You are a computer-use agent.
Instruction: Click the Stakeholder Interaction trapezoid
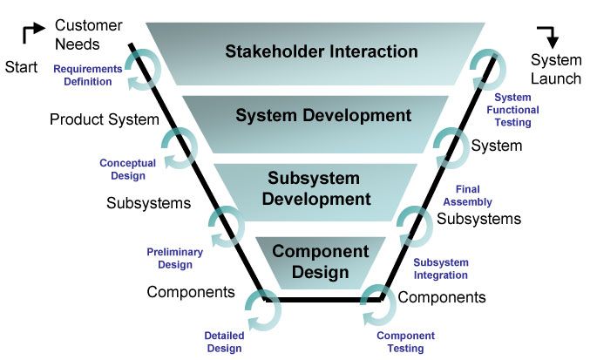pos(321,51)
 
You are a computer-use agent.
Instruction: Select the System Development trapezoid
pos(322,115)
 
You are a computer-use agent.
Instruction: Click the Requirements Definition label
pos(86,76)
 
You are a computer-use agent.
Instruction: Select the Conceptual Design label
pos(127,168)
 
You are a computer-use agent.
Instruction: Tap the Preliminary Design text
pos(174,257)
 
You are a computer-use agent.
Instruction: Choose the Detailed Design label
pos(223,342)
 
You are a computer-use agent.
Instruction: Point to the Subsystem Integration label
pos(440,268)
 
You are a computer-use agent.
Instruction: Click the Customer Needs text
pos(89,35)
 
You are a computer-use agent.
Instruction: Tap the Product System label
pos(105,119)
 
